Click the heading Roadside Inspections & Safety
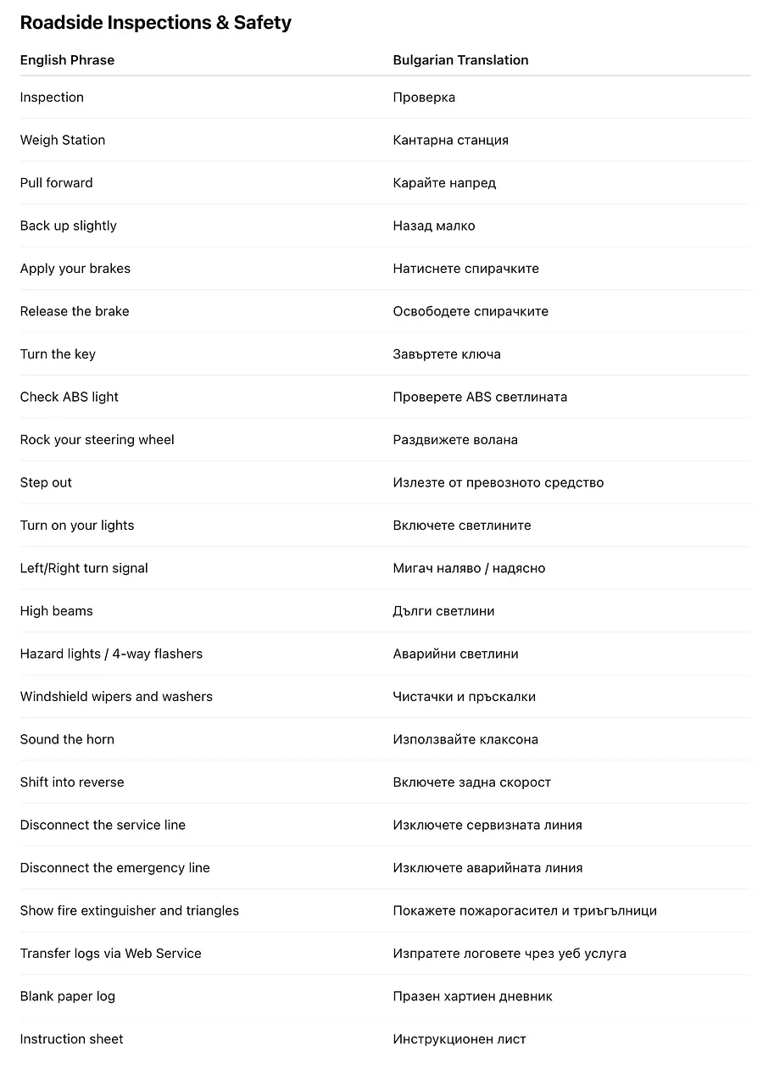pos(155,23)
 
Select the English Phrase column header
pos(67,60)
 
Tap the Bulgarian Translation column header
pos(460,60)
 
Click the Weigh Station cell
pos(63,140)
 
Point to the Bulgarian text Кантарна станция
pos(450,140)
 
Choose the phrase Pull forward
pos(57,183)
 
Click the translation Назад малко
pos(433,225)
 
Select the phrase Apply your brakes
pos(75,269)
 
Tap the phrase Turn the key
pos(58,354)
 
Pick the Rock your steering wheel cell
pos(97,440)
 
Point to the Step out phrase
pos(46,482)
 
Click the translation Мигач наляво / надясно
pos(469,568)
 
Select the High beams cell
pos(57,611)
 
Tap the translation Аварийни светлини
pos(455,654)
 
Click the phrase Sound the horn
pos(67,739)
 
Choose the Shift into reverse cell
pos(72,782)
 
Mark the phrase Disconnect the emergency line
pos(114,868)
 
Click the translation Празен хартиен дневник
pos(472,996)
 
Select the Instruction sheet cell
pos(72,1039)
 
